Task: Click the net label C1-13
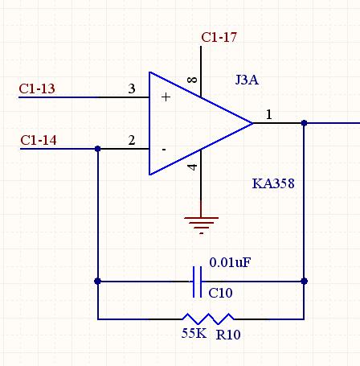point(37,88)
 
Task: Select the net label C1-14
point(39,140)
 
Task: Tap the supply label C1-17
point(219,37)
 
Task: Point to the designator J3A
point(247,80)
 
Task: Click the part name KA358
point(273,183)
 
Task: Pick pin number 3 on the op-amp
point(132,88)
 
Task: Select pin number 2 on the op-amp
point(132,140)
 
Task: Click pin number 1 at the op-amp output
point(269,115)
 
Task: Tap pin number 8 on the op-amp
point(192,80)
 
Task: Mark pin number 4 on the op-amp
point(192,167)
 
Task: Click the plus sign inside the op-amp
point(166,97)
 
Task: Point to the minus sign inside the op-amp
point(164,150)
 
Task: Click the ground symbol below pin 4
point(201,225)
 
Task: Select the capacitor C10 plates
point(198,282)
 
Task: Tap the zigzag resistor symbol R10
point(208,319)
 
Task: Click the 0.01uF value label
point(230,262)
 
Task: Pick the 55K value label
point(194,333)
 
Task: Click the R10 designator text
point(228,335)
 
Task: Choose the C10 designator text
point(220,293)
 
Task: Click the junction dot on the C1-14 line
point(98,149)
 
